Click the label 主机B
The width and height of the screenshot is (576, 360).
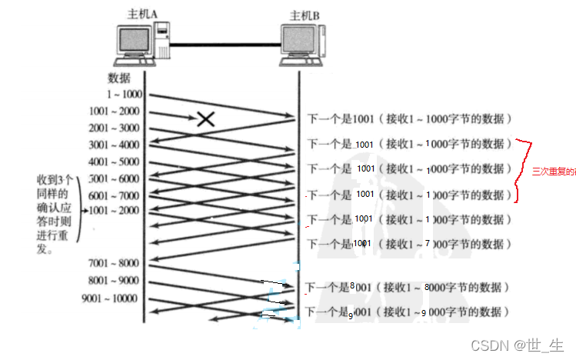305,15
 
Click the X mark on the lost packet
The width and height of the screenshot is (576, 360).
205,118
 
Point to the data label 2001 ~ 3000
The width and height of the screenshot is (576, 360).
115,128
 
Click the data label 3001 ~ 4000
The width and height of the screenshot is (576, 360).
115,145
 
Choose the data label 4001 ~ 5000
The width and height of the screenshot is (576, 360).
115,162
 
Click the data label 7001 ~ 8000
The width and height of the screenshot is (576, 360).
115,264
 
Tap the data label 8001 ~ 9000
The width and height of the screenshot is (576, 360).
115,281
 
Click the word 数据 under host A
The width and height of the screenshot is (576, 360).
119,78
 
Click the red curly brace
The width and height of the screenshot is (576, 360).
524,170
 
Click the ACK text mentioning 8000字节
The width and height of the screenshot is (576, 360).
408,288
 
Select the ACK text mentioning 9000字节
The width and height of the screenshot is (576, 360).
408,312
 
